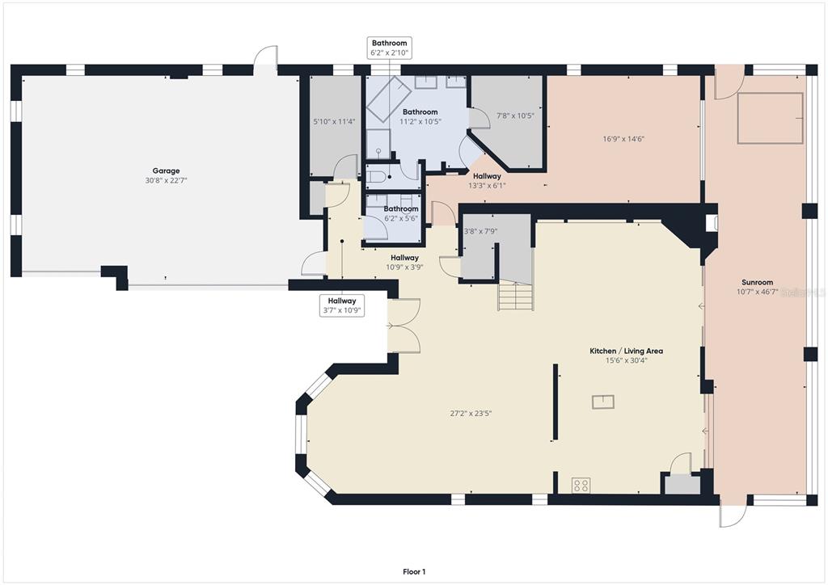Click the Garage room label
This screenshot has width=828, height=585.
(x=166, y=171)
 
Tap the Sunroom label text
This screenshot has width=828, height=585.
(x=757, y=282)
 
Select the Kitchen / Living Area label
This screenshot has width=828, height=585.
(x=626, y=351)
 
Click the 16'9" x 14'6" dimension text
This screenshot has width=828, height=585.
(x=623, y=139)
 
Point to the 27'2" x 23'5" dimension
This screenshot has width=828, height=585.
(x=471, y=414)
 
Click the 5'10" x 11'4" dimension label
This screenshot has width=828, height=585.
(x=334, y=121)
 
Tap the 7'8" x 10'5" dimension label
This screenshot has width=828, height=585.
(x=515, y=116)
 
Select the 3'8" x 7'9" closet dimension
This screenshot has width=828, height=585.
(x=480, y=231)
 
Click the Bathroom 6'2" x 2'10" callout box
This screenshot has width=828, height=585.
(x=389, y=48)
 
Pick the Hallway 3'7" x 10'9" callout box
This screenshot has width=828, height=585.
(x=342, y=305)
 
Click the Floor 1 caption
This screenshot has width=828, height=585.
(x=414, y=571)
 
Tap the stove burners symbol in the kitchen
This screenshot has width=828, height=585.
(x=581, y=485)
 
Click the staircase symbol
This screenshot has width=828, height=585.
(x=515, y=296)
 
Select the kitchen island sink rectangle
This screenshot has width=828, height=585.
(x=603, y=402)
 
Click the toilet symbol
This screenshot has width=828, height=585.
(x=375, y=177)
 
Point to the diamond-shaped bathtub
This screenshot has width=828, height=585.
(x=389, y=99)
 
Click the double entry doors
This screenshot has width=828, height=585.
(x=403, y=326)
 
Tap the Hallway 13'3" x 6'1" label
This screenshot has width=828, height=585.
(x=487, y=180)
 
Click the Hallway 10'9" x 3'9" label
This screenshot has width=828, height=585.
(x=404, y=262)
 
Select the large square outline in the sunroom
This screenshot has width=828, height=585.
(x=771, y=118)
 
